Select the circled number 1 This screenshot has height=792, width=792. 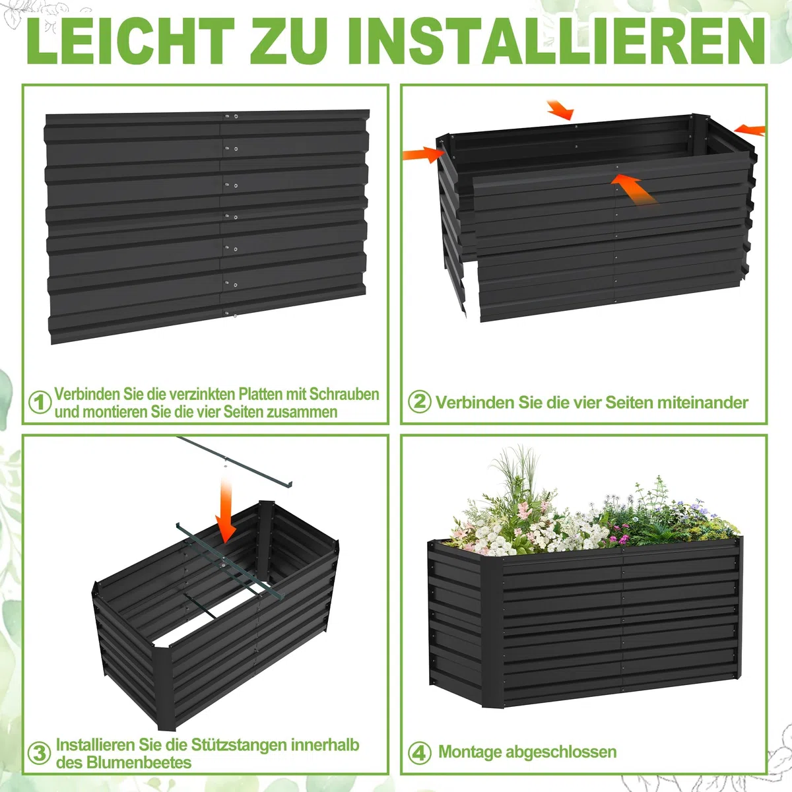click(x=40, y=403)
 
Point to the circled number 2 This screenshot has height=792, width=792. click(x=420, y=401)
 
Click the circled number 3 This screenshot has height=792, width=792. click(x=40, y=754)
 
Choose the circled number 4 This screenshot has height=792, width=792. click(x=420, y=753)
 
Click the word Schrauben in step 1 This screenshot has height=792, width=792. click(x=344, y=394)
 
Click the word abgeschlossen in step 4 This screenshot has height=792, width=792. click(x=561, y=752)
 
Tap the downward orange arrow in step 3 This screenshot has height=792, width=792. click(x=226, y=510)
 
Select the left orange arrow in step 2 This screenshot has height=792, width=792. click(x=423, y=155)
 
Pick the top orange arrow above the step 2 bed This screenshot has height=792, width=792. click(x=560, y=110)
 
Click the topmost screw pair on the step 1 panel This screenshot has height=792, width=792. click(x=231, y=116)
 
